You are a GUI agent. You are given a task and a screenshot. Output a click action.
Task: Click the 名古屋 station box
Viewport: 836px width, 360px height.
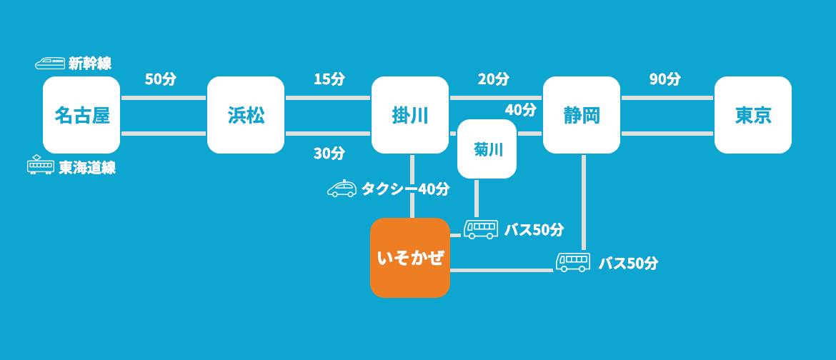(x=81, y=115)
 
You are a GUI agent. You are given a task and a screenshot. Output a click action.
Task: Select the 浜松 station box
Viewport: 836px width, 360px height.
(x=246, y=115)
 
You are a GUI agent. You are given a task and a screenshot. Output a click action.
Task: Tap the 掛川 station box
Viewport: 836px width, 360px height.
(x=410, y=115)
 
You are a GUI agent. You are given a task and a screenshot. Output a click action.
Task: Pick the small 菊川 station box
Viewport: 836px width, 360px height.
(x=487, y=149)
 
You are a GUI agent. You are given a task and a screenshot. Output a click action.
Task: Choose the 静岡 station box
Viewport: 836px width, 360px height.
(x=582, y=115)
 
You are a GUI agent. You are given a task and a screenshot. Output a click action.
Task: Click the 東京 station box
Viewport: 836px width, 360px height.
(x=753, y=115)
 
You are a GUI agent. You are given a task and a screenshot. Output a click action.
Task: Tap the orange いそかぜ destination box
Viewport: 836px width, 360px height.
(x=410, y=258)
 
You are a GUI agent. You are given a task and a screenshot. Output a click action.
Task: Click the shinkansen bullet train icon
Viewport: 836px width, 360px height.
(x=50, y=64)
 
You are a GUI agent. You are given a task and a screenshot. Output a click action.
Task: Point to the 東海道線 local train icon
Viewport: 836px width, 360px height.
(x=40, y=165)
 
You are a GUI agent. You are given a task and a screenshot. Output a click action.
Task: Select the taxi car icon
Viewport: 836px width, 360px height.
(x=342, y=189)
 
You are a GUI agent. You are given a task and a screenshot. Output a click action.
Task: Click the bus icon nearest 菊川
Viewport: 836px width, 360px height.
(x=481, y=229)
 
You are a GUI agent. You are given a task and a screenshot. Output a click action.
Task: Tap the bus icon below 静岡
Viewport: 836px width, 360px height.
(x=573, y=262)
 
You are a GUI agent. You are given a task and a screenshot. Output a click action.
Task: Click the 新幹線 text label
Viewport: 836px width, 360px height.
(x=90, y=64)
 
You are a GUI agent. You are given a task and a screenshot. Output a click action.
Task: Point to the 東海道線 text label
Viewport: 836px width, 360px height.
(x=87, y=168)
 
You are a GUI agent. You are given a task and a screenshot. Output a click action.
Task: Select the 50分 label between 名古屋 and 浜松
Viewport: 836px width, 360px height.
(x=161, y=79)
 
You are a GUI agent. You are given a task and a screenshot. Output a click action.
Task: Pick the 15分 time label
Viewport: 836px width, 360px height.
(x=329, y=79)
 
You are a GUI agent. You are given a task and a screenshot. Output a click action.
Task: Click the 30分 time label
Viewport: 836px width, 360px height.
(x=329, y=153)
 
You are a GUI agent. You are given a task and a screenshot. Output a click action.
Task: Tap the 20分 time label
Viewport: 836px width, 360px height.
(x=494, y=79)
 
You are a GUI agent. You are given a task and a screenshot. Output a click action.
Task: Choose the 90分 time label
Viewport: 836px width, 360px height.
(x=665, y=79)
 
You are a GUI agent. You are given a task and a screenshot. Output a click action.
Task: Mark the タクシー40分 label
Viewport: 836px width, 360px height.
(x=405, y=189)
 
